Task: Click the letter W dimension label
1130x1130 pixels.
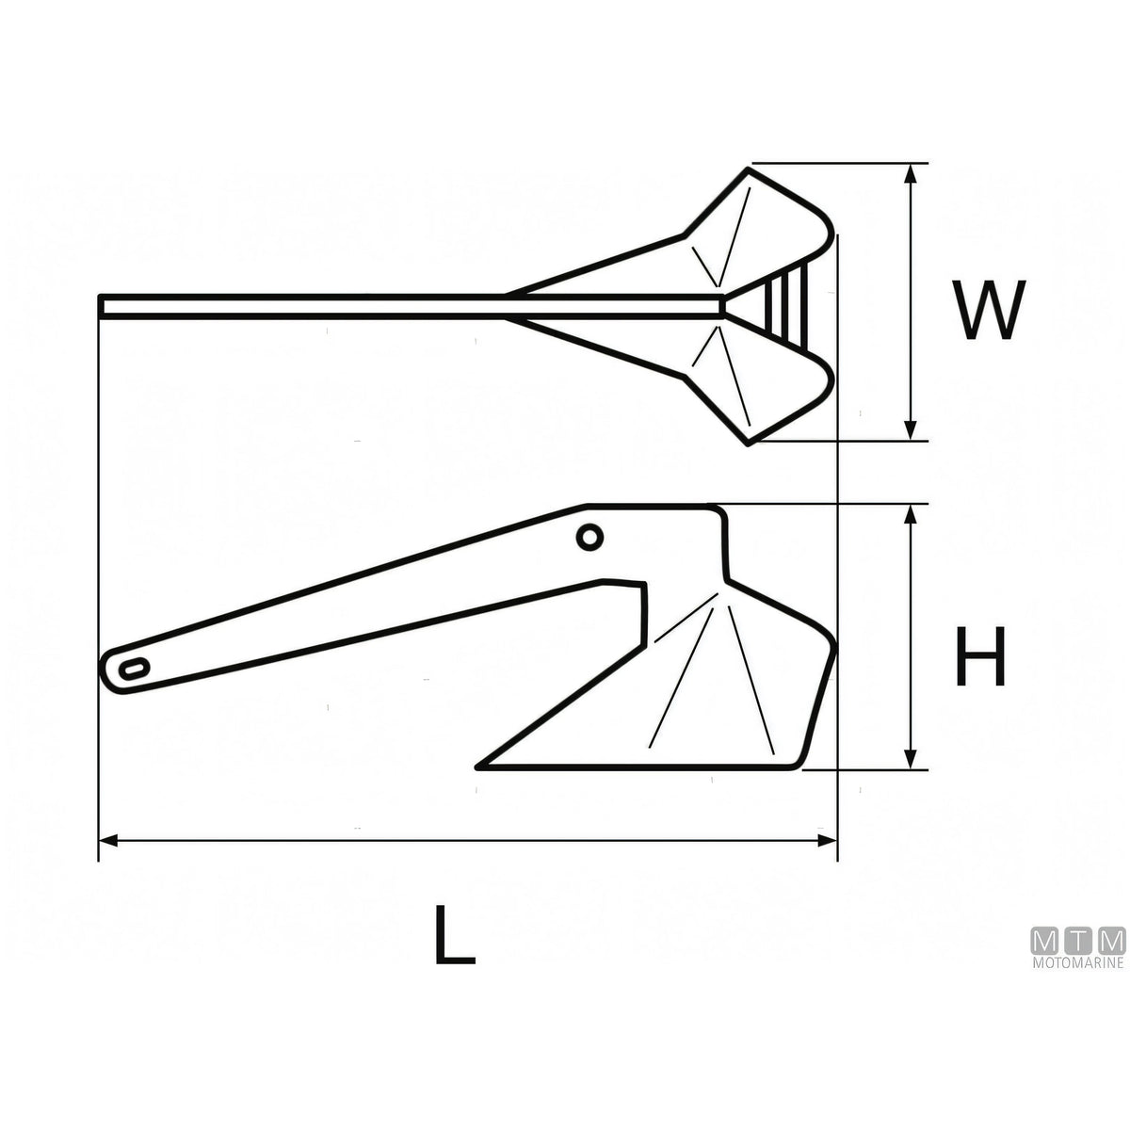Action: point(989,310)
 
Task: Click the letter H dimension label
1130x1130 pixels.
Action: point(980,656)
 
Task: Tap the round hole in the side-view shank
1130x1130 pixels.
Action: point(589,537)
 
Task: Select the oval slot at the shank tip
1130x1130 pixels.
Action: point(134,670)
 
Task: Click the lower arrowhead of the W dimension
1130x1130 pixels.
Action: point(910,428)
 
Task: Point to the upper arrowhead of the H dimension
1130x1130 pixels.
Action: point(910,515)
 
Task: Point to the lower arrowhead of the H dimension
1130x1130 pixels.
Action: point(910,757)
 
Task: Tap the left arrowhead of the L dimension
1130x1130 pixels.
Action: point(110,841)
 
